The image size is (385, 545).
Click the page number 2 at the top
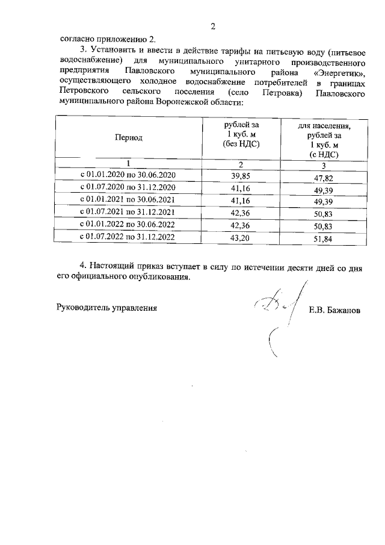pyautogui.click(x=213, y=26)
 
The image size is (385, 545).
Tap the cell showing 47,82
pyautogui.click(x=324, y=178)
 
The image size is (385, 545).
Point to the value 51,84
pyautogui.click(x=324, y=240)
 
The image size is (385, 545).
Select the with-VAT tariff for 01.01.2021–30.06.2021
pyautogui.click(x=324, y=202)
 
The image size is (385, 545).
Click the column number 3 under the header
pyautogui.click(x=324, y=166)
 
